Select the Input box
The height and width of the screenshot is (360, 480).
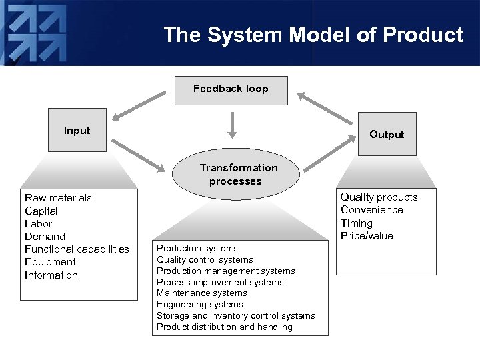(77, 130)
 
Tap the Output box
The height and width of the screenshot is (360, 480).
(387, 134)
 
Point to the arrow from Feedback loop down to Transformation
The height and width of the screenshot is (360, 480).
(232, 125)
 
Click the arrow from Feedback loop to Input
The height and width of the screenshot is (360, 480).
(139, 107)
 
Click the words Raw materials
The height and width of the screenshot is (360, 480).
(58, 198)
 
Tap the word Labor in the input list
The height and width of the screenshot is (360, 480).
(38, 224)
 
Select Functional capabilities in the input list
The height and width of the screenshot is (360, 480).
(77, 249)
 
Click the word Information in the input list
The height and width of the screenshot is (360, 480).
(51, 275)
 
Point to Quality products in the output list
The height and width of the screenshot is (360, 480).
(379, 197)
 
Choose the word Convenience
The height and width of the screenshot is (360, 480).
(371, 210)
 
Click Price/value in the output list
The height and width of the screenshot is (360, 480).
(367, 236)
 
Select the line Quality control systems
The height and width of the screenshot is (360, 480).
(205, 260)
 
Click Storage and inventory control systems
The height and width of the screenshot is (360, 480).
(235, 316)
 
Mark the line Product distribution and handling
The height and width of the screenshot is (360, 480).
(224, 327)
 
